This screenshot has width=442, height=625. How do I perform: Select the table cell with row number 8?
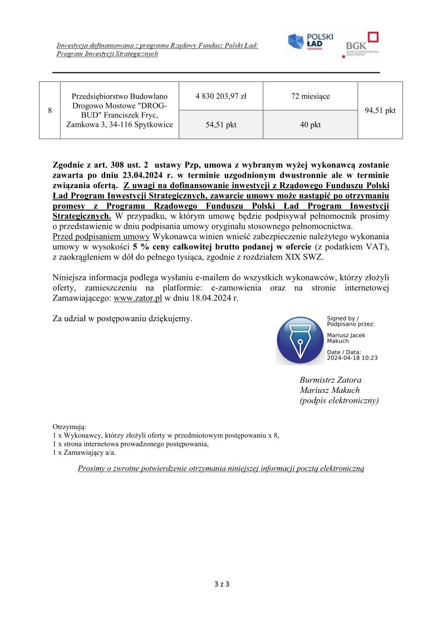click(50, 110)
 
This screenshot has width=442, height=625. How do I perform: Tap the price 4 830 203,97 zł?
click(221, 96)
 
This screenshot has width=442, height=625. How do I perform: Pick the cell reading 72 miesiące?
click(310, 96)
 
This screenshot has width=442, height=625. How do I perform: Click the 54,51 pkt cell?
click(221, 125)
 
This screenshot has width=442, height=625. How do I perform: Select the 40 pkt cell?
click(310, 125)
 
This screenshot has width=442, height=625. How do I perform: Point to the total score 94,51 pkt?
click(380, 110)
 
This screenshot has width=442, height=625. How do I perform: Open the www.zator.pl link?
click(137, 298)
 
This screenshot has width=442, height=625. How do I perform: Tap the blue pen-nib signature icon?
click(299, 340)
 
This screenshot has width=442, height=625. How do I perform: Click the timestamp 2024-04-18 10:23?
click(352, 358)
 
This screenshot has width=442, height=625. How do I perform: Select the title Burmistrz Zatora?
click(330, 380)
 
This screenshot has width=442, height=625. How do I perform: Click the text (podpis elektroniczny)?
click(339, 400)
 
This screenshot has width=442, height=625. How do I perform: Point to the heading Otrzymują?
click(66, 426)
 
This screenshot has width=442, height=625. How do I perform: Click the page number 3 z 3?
click(221, 584)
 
